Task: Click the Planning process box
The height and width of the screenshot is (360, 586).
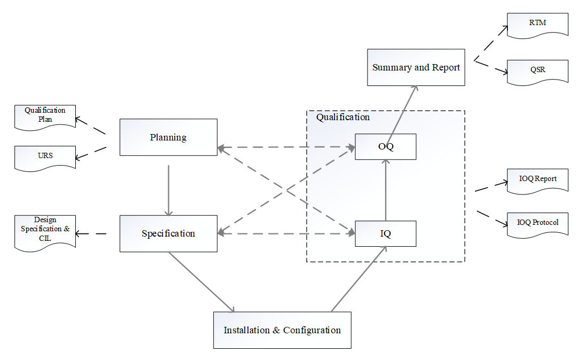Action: [x=168, y=137]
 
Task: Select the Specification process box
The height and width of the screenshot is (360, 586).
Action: [x=168, y=233]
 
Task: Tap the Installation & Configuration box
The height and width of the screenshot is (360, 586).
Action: [x=282, y=330]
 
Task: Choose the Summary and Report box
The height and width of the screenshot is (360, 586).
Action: [x=416, y=67]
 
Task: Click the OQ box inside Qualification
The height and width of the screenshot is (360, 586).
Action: [x=386, y=147]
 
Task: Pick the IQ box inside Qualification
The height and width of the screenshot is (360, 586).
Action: [x=386, y=233]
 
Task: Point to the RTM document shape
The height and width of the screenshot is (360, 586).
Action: [x=537, y=24]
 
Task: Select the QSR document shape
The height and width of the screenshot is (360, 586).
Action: [x=537, y=71]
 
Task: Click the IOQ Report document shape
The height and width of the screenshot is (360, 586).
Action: [x=537, y=179]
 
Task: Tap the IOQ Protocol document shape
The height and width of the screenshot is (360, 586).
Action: [x=537, y=223]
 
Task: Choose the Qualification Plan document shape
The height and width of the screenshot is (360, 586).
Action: [x=45, y=115]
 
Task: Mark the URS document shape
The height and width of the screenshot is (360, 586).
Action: [x=45, y=156]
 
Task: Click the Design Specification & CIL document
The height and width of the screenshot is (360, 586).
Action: [x=45, y=230]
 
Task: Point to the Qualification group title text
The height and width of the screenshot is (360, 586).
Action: [x=343, y=117]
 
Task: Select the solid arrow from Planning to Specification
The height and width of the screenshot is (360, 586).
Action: [x=168, y=190]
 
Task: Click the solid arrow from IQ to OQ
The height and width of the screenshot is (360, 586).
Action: [x=386, y=190]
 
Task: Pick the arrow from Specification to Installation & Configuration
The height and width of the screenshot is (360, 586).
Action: [x=202, y=282]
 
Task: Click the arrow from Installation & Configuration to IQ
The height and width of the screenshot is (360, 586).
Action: [x=358, y=279]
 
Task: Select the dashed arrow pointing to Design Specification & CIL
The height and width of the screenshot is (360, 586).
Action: [x=91, y=233]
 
